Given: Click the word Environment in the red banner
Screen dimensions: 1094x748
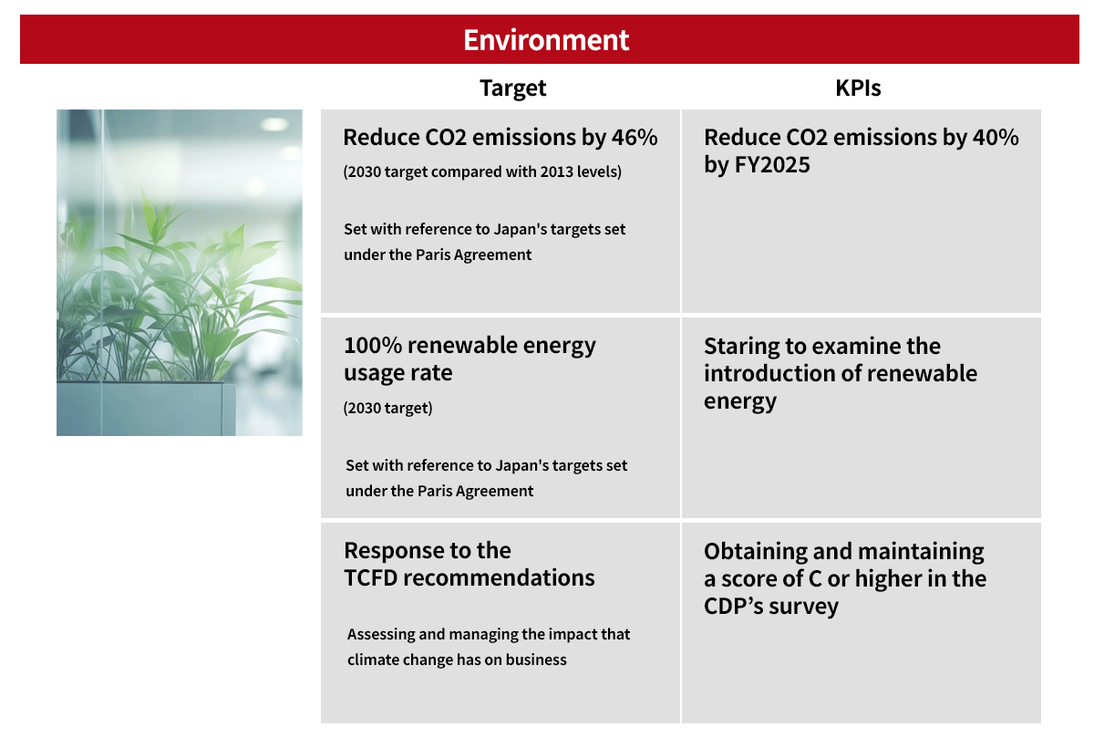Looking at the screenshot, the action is pyautogui.click(x=546, y=39).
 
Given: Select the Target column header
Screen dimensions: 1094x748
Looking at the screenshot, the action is pyautogui.click(x=512, y=88).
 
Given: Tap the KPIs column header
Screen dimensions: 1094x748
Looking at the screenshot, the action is pyautogui.click(x=858, y=88).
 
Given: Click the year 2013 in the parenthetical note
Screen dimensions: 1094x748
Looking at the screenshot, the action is pyautogui.click(x=557, y=172).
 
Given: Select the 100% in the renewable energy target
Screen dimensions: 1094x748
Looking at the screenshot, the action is pyautogui.click(x=373, y=346).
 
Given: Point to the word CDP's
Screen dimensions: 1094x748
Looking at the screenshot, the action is pyautogui.click(x=734, y=607).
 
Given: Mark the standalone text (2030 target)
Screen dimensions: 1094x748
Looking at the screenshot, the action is pyautogui.click(x=387, y=408).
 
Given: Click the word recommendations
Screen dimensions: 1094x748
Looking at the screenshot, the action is pyautogui.click(x=500, y=578).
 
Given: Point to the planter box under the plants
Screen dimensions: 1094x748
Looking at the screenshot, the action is pyautogui.click(x=146, y=409).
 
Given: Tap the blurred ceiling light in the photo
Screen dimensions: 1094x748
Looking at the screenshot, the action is pyautogui.click(x=274, y=124).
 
